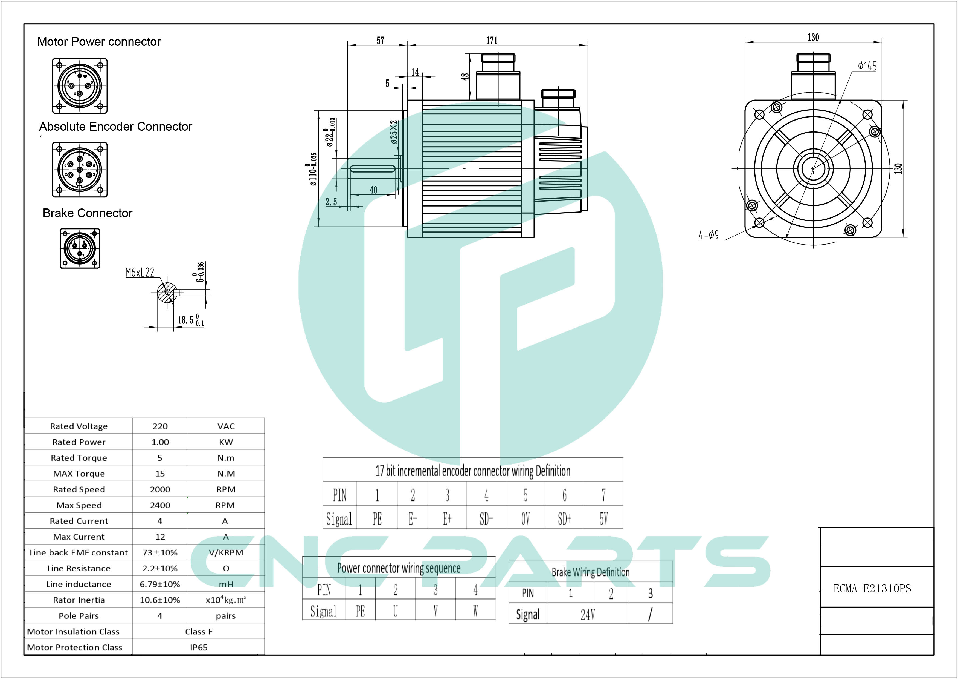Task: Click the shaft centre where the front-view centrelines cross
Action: coord(813,168)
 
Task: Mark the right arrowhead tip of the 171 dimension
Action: coord(588,44)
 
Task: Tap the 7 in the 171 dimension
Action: coord(492,41)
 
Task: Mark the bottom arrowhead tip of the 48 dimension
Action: coord(470,100)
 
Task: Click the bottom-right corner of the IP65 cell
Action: coord(264,654)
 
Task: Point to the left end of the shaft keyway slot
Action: coord(350,168)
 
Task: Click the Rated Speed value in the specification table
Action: coord(160,489)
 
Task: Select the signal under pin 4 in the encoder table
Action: coord(486,519)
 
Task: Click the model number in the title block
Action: coord(872,588)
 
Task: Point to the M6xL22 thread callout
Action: coord(140,273)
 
